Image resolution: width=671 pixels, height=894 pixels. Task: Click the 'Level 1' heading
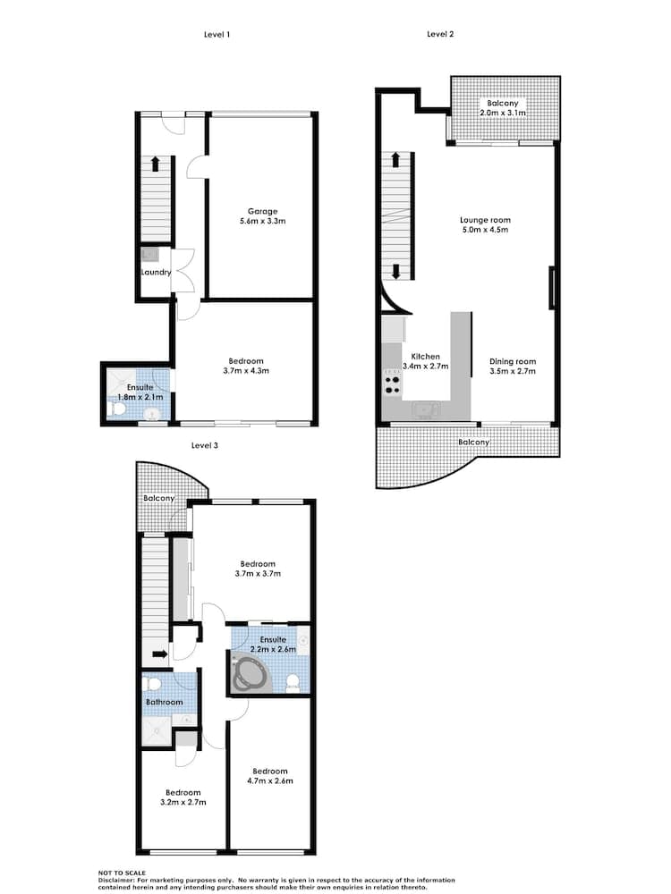coord(217,34)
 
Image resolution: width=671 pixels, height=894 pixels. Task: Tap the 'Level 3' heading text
coord(205,444)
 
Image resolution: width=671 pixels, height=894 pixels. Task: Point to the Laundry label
coord(155,273)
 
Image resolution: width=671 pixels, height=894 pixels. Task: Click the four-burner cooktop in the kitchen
coord(392,384)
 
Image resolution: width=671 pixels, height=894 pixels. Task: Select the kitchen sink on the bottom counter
coord(424,409)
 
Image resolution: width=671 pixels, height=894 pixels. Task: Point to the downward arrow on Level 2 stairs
coord(395,271)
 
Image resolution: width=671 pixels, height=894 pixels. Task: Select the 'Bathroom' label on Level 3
coord(165,703)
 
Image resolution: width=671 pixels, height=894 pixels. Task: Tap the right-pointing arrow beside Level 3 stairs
coord(159,654)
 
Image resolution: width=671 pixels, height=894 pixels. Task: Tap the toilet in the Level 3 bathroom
coord(153,684)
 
